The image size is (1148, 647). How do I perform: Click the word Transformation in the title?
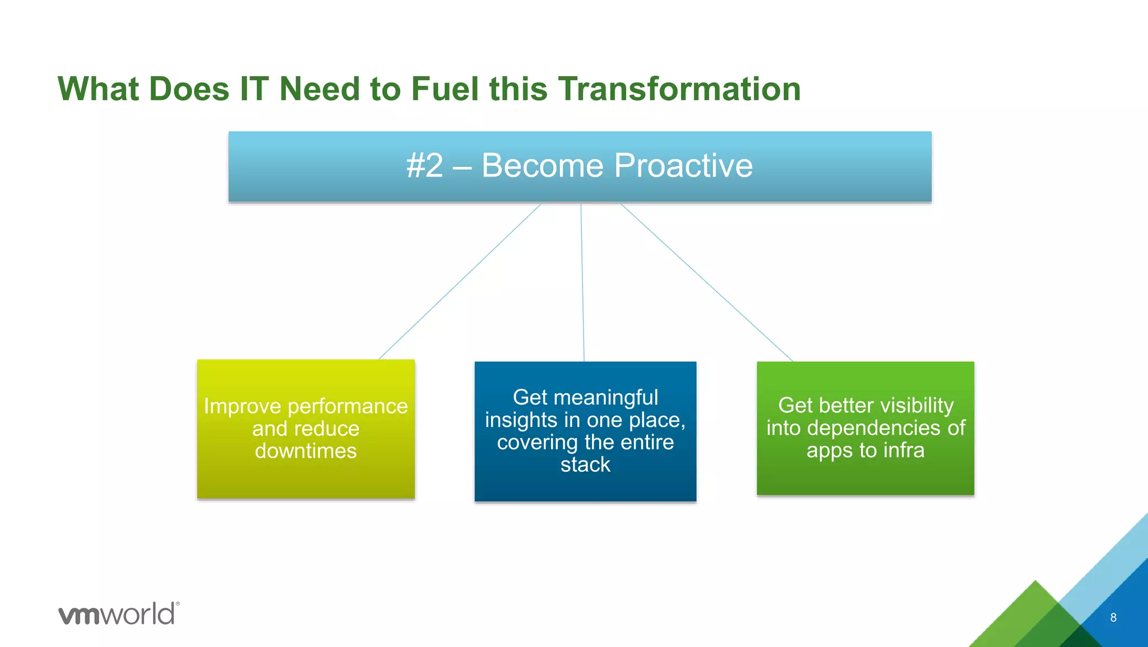pyautogui.click(x=679, y=89)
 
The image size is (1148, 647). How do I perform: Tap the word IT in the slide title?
pyautogui.click(x=254, y=89)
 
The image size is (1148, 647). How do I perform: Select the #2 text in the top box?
pyautogui.click(x=424, y=166)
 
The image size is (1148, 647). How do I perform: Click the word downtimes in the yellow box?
pyautogui.click(x=305, y=451)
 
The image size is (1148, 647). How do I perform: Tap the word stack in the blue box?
pyautogui.click(x=585, y=465)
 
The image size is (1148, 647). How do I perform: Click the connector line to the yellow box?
pyautogui.click(x=460, y=281)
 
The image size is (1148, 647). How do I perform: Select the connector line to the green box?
pyautogui.click(x=706, y=282)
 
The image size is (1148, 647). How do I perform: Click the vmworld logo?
pyautogui.click(x=118, y=614)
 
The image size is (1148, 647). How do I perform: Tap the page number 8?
pyautogui.click(x=1113, y=617)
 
